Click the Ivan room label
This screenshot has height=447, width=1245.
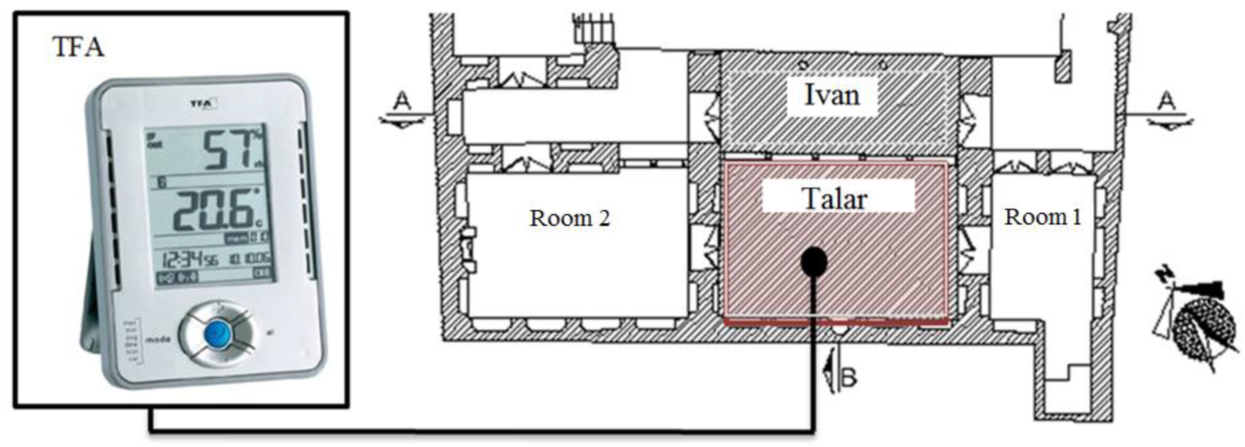pyautogui.click(x=832, y=95)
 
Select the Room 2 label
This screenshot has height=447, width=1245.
pyautogui.click(x=570, y=218)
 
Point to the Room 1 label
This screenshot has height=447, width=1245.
pyautogui.click(x=1042, y=217)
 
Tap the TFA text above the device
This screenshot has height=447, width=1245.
pyautogui.click(x=78, y=47)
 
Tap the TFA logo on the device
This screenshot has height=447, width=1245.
pyautogui.click(x=202, y=103)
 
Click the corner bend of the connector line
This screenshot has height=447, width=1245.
pyautogui.click(x=814, y=429)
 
